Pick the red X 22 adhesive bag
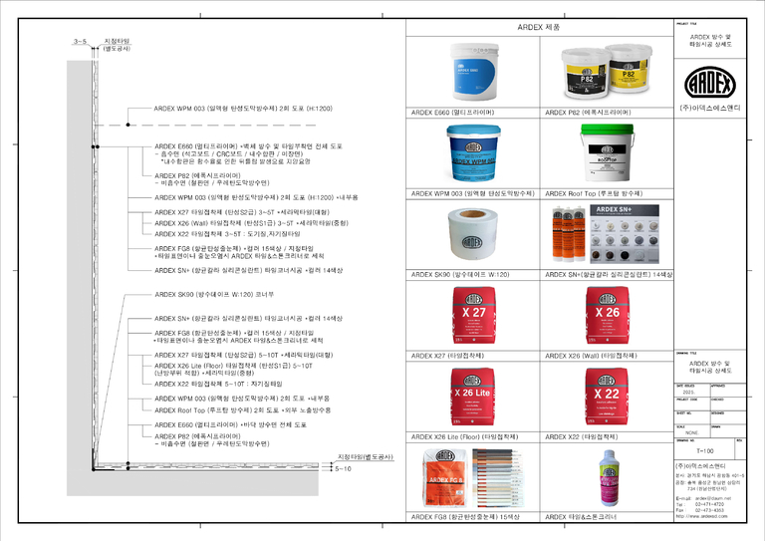pos(605,398)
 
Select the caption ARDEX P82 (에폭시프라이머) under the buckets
pos(589,113)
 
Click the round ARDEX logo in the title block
pos(711,79)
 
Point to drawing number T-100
pos(704,449)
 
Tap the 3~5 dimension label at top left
pos(81,42)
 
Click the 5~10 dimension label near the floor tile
pos(345,467)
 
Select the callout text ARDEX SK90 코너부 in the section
pos(214,295)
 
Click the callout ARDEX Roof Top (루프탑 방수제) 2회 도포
pos(243,409)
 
